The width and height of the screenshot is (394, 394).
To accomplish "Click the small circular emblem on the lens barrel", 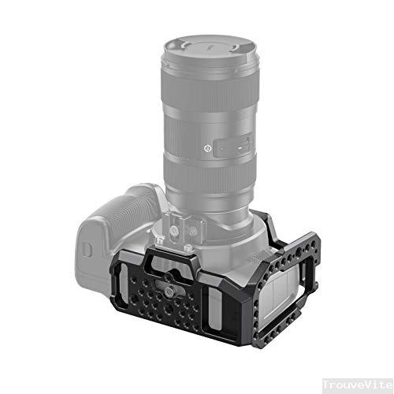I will click(206, 147).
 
